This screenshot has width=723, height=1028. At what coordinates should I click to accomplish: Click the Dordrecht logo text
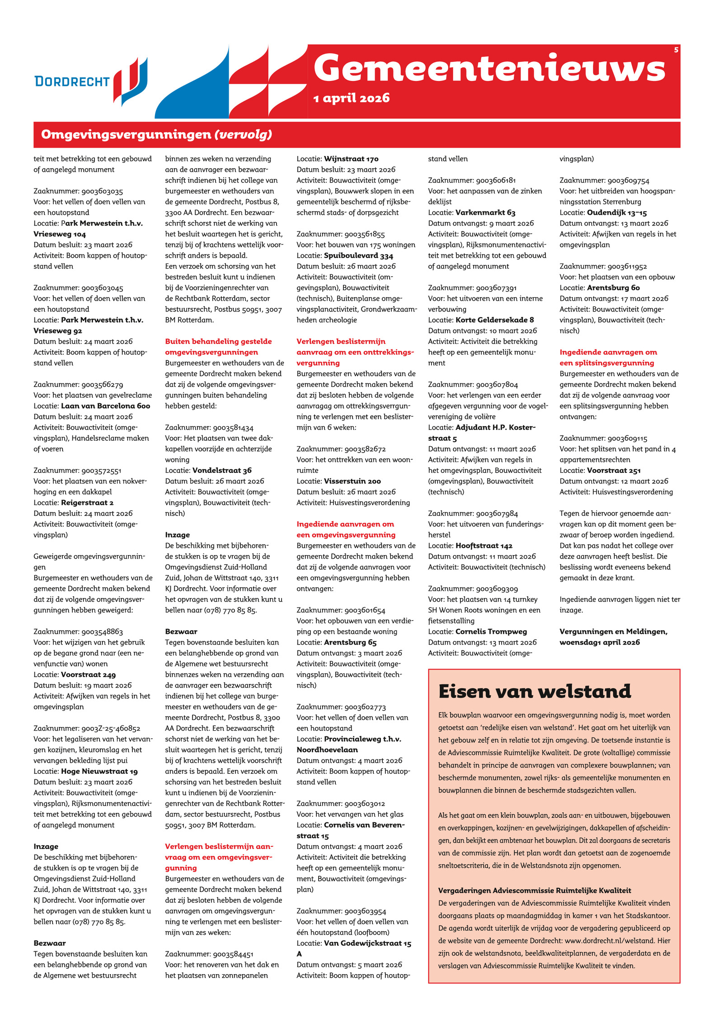[72, 81]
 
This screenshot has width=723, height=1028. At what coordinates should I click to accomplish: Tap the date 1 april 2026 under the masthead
[351, 98]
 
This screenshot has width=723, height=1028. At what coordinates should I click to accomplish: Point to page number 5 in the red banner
[676, 50]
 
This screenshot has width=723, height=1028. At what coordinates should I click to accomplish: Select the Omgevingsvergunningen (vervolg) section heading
[156, 134]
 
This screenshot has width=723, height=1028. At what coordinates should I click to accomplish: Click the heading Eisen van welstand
[535, 691]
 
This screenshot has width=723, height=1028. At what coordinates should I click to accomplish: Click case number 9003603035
[102, 191]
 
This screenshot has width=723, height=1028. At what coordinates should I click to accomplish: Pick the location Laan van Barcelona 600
[105, 406]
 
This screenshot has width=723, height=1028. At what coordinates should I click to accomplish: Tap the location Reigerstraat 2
[87, 502]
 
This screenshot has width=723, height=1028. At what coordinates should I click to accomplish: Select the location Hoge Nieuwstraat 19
[99, 771]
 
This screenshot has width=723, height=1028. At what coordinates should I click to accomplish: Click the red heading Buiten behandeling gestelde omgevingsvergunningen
[218, 347]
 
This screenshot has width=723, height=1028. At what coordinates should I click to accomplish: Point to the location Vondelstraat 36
[222, 470]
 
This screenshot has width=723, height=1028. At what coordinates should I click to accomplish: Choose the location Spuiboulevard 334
[358, 255]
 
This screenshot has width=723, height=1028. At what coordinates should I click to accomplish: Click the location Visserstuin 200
[352, 481]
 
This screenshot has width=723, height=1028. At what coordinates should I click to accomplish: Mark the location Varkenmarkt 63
[485, 212]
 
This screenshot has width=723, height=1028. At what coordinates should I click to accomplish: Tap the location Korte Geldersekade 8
[494, 320]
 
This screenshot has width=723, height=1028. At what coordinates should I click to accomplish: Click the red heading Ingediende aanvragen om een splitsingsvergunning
[608, 357]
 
